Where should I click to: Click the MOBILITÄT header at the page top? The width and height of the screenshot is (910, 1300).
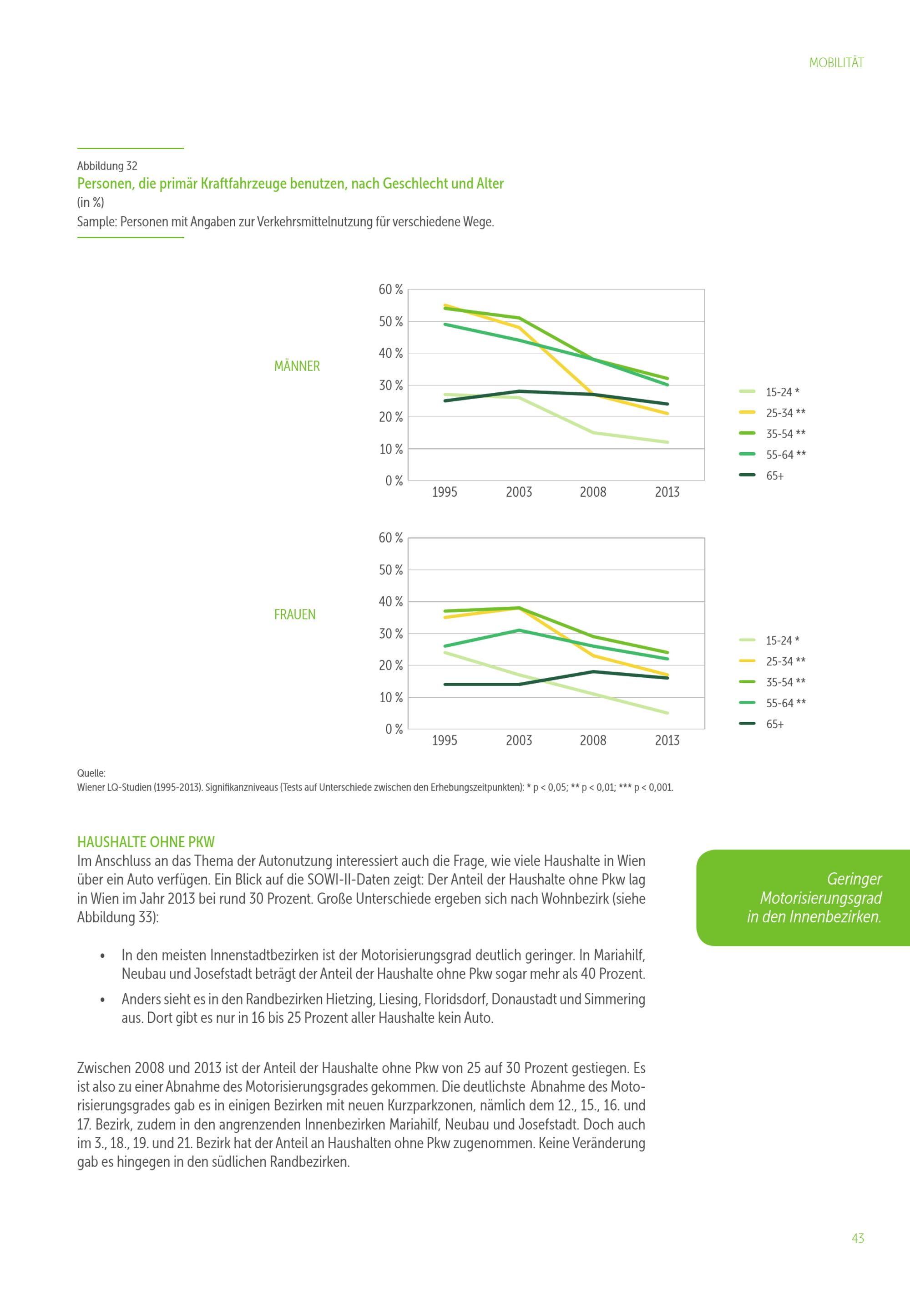coord(836,63)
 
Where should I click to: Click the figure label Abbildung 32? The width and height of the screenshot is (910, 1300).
coord(107,166)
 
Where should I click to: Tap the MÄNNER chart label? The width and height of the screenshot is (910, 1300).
coord(297,366)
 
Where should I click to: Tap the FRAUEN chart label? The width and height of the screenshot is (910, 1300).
coord(295,615)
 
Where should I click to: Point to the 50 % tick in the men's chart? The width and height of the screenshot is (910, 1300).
coord(390,322)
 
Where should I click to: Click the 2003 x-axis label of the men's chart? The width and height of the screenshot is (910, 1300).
coord(518,492)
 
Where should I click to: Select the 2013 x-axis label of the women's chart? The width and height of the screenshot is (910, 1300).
coord(667,740)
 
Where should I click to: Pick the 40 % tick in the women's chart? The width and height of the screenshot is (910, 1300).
coord(390,602)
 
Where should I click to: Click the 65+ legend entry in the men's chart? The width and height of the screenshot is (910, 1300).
coord(774,475)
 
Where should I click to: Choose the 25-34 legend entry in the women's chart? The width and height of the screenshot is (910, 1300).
coord(785,661)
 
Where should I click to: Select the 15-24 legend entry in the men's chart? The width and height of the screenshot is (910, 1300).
coord(782,392)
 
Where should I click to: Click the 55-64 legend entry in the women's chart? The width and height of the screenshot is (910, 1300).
coord(785,703)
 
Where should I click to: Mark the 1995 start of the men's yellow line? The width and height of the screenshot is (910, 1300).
coord(445,305)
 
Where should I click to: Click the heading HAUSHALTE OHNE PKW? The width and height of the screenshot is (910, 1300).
coord(146,842)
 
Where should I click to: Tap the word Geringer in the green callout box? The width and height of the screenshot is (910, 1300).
coord(854,879)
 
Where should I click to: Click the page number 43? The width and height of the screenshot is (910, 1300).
coord(857,1238)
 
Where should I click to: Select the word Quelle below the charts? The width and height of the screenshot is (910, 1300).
coord(91,773)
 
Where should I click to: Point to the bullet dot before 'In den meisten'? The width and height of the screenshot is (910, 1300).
coord(102,956)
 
